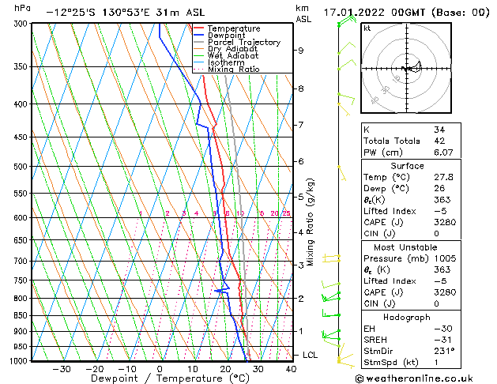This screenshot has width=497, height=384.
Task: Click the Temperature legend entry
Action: coord(233,28)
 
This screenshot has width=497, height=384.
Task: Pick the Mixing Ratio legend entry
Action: coord(233,70)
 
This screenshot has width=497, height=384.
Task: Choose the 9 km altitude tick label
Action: coord(300,51)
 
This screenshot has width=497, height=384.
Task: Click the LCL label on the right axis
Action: coord(310,355)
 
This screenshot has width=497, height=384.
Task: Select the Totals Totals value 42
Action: coord(439,141)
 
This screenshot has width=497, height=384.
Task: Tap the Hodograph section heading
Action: coord(406,317)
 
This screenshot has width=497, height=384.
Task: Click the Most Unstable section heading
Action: coord(406,247)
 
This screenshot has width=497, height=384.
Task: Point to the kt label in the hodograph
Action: coord(367,28)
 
